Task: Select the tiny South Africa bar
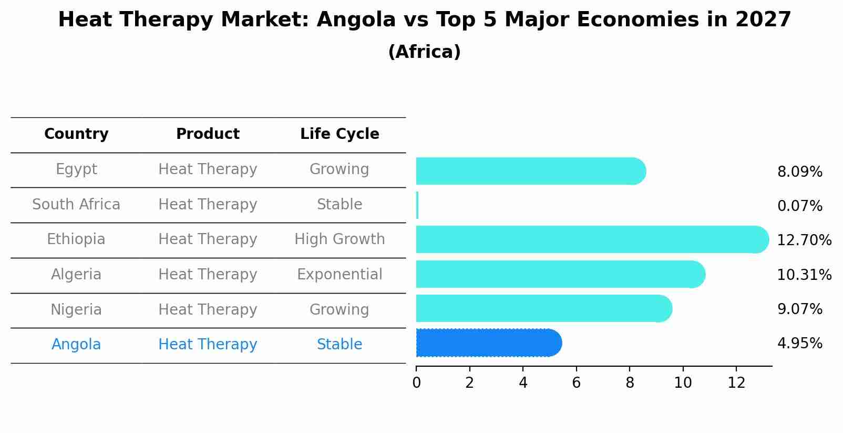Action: tap(417, 205)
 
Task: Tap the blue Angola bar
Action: tap(488, 343)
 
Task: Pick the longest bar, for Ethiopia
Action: tap(592, 239)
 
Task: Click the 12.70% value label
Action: tap(804, 240)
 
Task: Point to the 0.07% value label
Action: tap(799, 206)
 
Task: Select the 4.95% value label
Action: tap(799, 344)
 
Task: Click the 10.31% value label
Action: tap(804, 275)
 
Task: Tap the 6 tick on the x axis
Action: tap(576, 383)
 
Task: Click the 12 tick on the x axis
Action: tap(736, 383)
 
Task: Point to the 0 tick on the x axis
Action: tap(416, 383)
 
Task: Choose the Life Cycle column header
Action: tap(340, 134)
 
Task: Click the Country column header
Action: tap(76, 134)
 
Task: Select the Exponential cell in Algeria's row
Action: tap(340, 275)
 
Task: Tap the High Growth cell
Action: tap(340, 239)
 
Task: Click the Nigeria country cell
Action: tap(76, 309)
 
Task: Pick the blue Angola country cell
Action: tap(76, 345)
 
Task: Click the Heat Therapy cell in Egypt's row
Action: tap(208, 169)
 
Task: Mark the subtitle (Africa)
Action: tap(424, 52)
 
